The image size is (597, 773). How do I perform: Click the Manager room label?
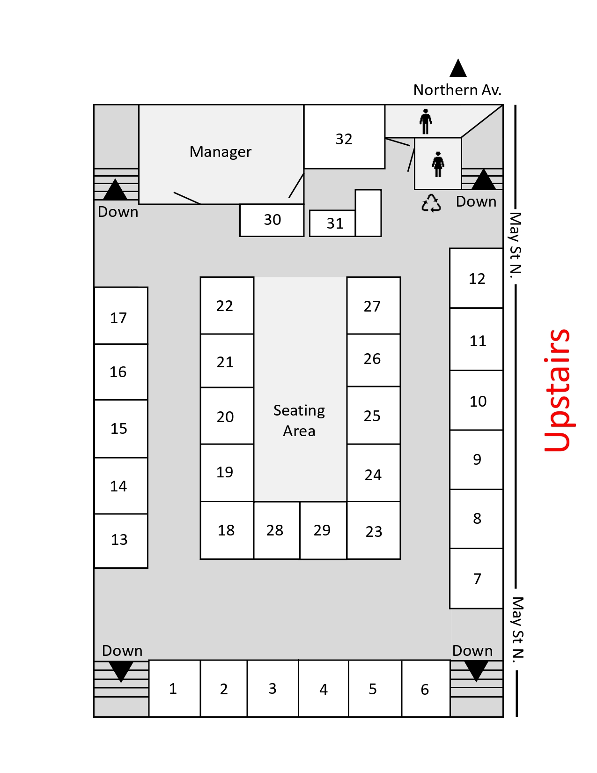220,152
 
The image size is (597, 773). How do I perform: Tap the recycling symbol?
431,203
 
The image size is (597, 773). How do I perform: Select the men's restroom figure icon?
425,121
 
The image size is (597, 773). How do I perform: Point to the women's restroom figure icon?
438,164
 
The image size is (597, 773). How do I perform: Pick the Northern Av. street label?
457,90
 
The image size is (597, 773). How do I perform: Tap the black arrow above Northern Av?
458,68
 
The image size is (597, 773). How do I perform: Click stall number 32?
344,137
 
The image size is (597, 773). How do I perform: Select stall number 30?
272,220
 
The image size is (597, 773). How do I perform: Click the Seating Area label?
299,421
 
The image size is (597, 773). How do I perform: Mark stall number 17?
121,316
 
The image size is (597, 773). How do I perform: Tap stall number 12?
477,278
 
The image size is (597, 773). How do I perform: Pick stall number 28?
277,530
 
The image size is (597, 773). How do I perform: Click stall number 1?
174,689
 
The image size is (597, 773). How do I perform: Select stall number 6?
426,689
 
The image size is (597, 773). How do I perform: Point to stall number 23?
374,530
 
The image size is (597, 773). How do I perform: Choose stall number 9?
477,460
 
